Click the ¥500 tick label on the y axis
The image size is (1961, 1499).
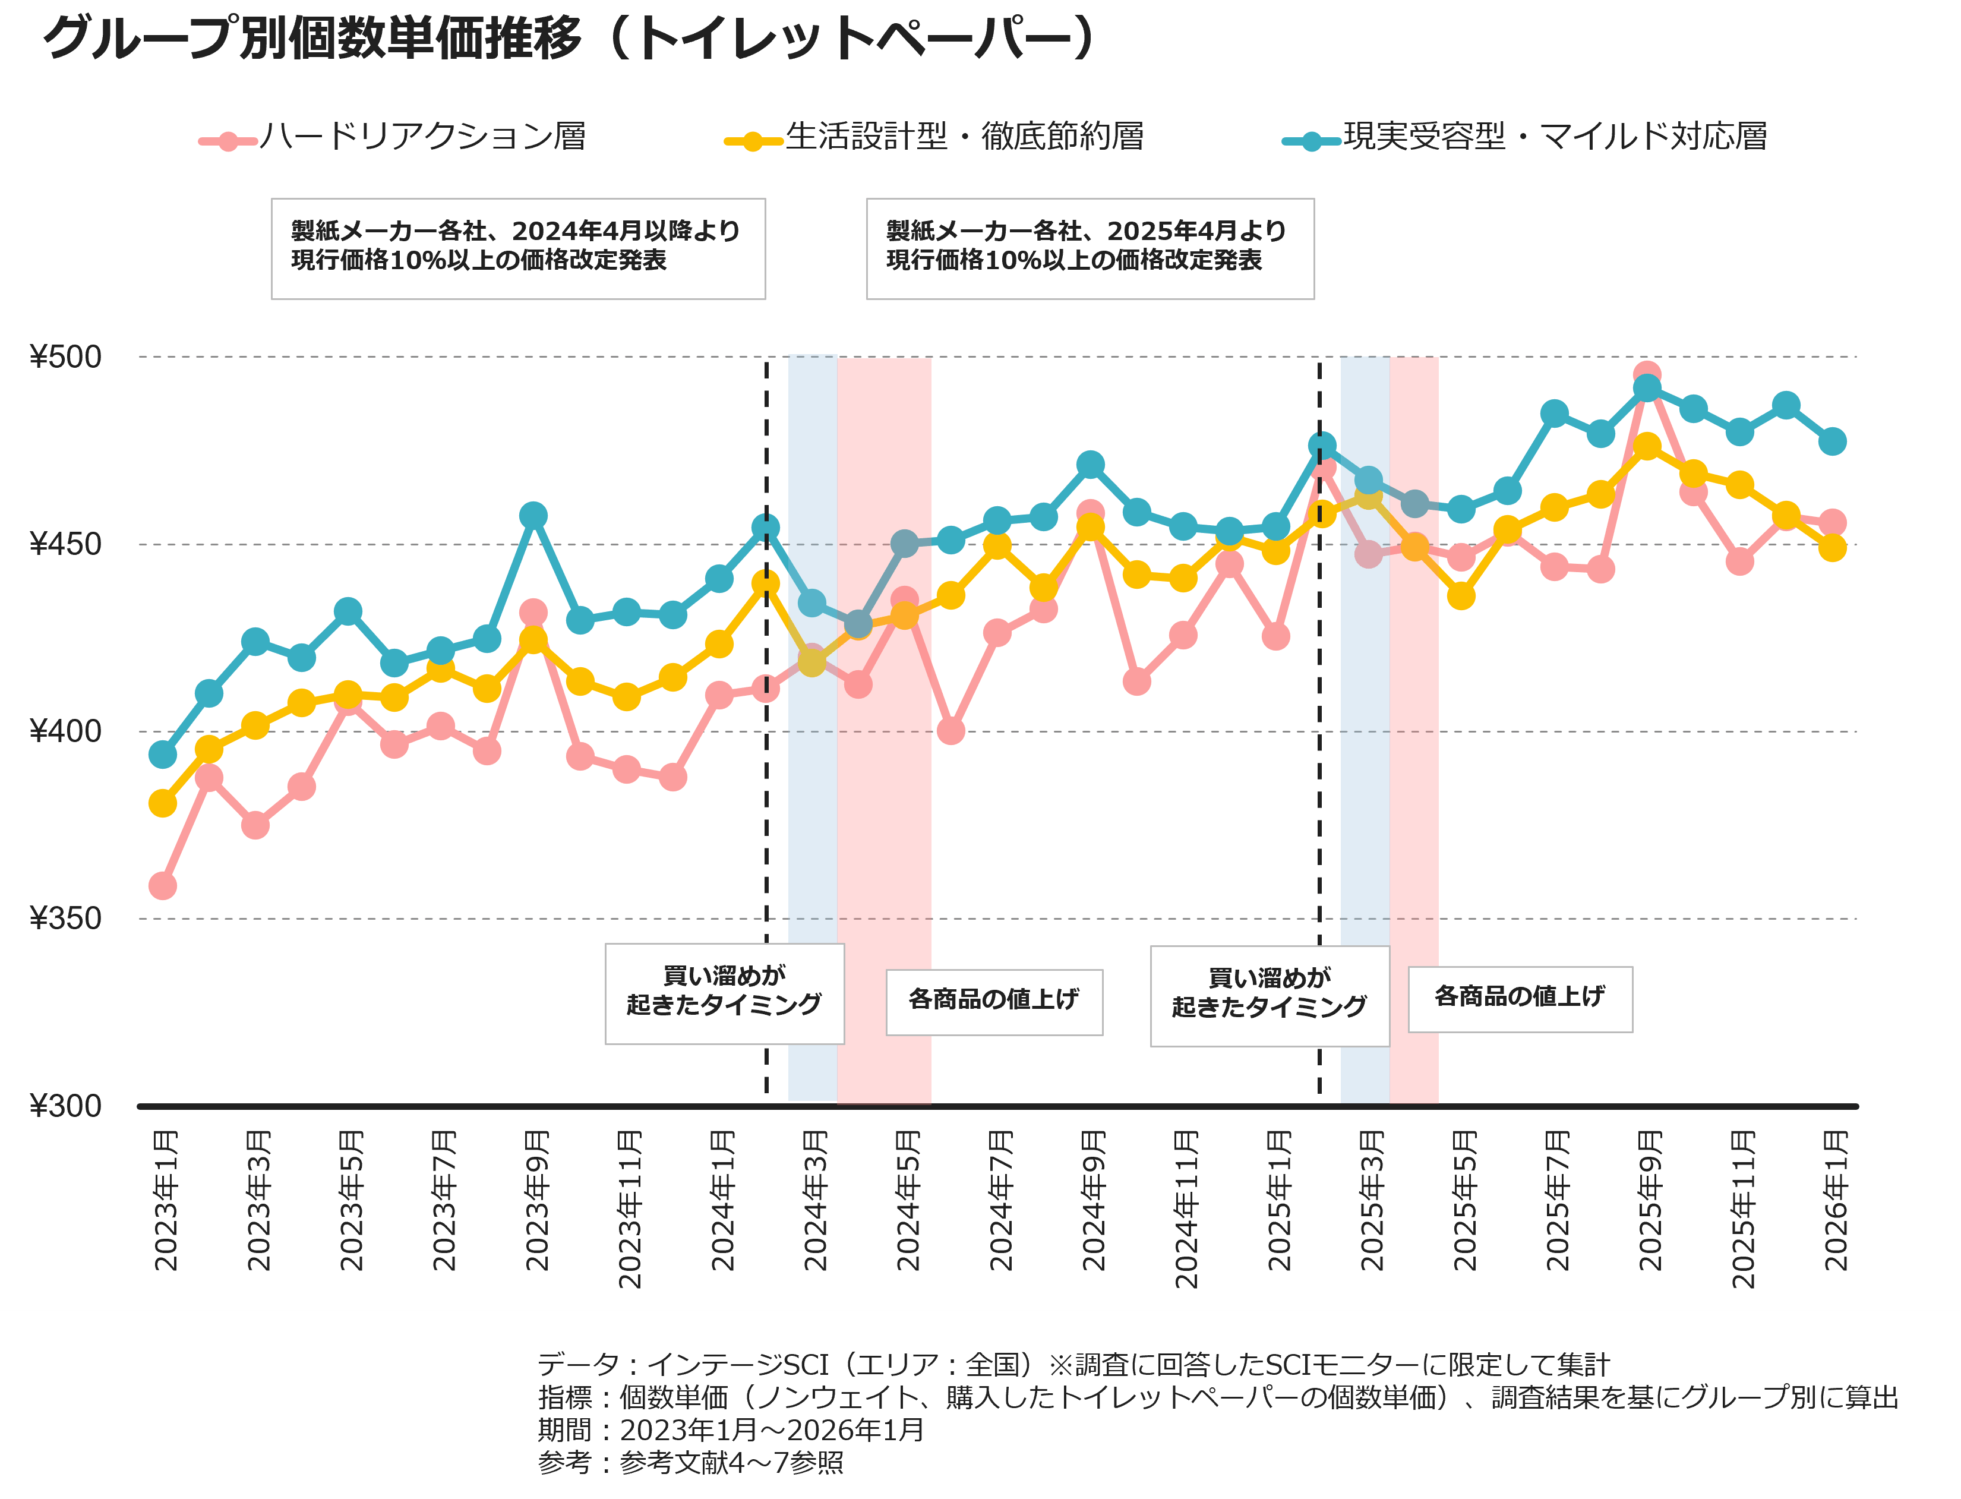point(65,357)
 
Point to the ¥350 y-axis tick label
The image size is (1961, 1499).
point(65,918)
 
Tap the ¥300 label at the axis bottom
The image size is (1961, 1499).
point(65,1106)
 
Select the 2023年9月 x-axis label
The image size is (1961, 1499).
point(536,1201)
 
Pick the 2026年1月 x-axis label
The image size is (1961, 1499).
point(1835,1201)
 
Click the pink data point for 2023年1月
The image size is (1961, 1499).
point(162,886)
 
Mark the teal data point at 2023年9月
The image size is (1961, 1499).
point(533,516)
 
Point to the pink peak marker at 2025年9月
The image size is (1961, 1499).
point(1647,375)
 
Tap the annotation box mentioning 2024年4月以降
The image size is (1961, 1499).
point(517,248)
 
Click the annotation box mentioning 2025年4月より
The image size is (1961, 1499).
point(1090,248)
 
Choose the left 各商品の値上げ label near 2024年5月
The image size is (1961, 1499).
point(994,1001)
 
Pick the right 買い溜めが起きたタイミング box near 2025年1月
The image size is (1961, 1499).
point(1270,995)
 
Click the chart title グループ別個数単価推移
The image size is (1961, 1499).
point(571,40)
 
